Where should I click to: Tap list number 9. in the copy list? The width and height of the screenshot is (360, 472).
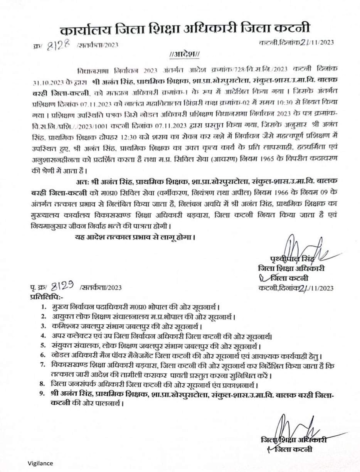[45, 393]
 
